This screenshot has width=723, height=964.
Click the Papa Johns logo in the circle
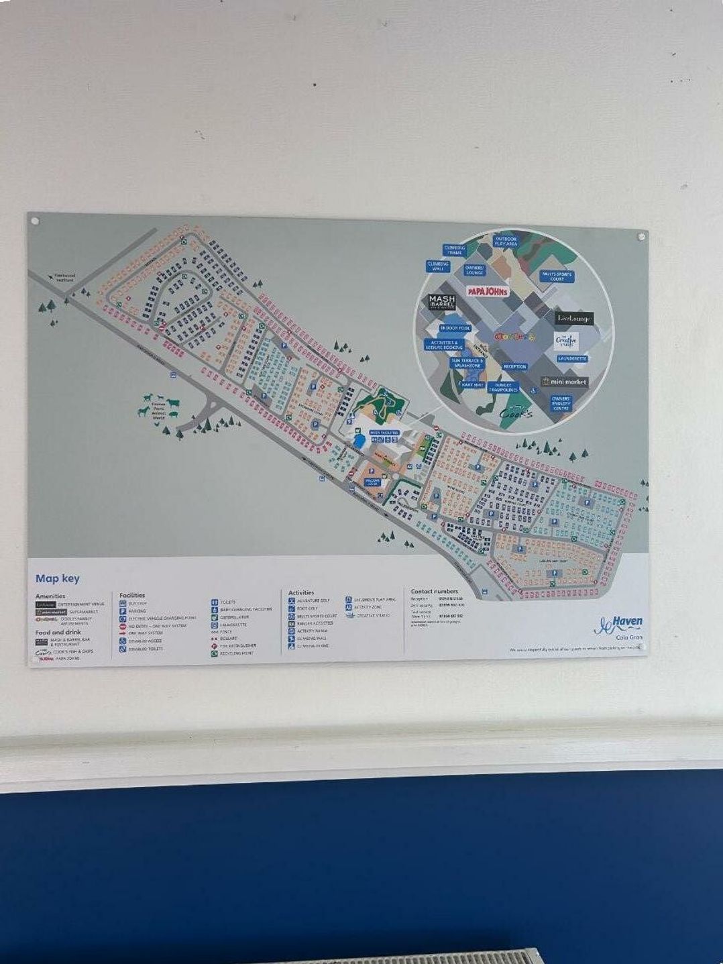click(488, 291)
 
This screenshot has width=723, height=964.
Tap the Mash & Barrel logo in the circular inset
click(442, 302)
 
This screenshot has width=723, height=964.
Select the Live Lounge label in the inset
click(574, 318)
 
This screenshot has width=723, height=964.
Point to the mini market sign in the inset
click(565, 382)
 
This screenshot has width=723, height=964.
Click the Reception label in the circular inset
click(514, 367)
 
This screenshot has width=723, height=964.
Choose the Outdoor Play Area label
click(506, 241)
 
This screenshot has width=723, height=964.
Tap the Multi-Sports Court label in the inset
click(556, 276)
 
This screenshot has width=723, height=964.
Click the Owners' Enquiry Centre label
click(561, 403)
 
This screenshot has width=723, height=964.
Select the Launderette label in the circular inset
click(572, 359)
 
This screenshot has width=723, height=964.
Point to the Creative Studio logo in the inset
click(565, 340)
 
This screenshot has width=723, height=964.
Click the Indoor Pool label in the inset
click(455, 328)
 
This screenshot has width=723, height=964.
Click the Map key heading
click(57, 578)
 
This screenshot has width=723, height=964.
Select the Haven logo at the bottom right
click(618, 625)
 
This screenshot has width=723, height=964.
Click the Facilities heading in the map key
click(132, 595)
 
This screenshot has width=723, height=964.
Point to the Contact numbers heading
click(434, 591)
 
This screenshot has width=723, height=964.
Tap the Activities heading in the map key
click(301, 592)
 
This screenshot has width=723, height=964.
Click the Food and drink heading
click(58, 632)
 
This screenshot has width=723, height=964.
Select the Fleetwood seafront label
click(65, 276)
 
